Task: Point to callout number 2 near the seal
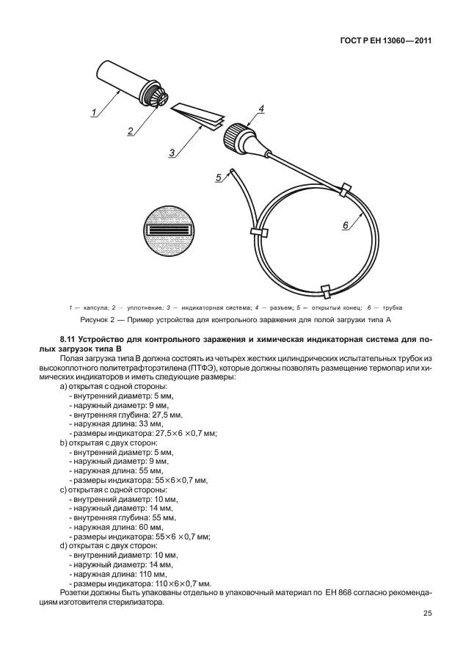[x=130, y=131]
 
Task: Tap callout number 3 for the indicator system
[x=171, y=153]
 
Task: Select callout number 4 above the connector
[x=260, y=109]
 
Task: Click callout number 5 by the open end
[x=218, y=177]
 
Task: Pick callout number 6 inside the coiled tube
[x=345, y=226]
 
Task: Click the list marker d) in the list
[x=63, y=545]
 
